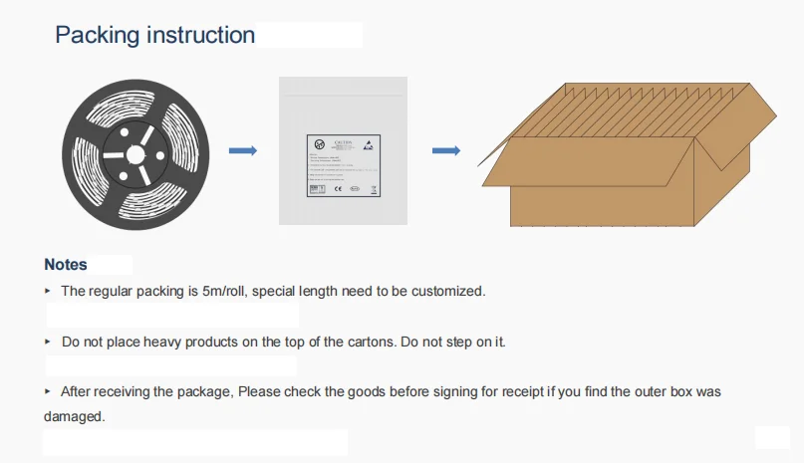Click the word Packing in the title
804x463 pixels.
pos(98,36)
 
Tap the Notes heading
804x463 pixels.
pos(66,265)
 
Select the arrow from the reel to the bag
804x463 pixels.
pos(243,151)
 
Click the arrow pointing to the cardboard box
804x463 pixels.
pos(445,151)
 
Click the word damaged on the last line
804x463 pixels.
pos(74,416)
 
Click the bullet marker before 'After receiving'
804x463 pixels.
pos(48,392)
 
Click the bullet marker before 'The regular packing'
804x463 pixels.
pos(48,292)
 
